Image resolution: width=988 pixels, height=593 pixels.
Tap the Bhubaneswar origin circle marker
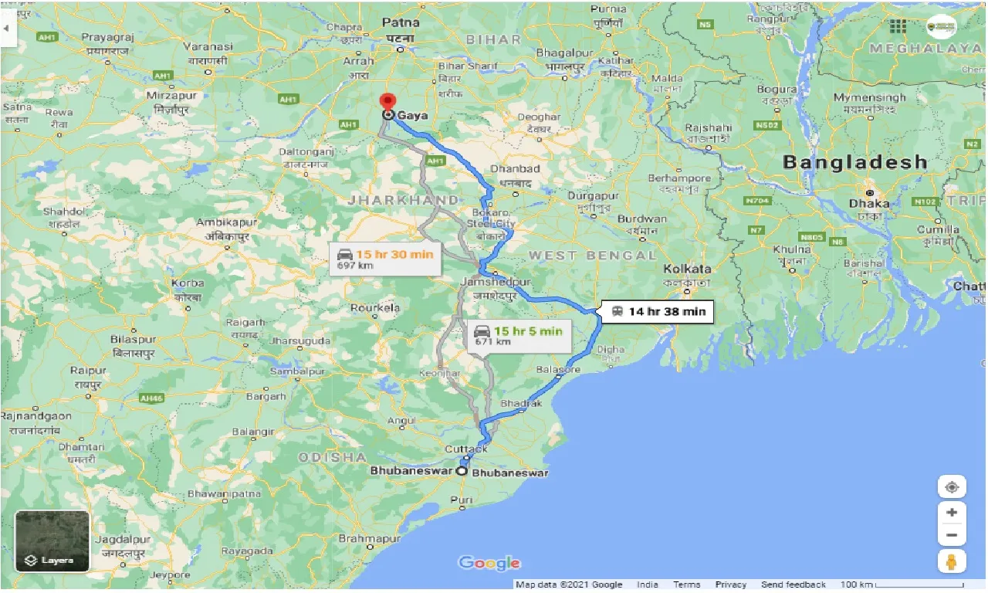[462, 471]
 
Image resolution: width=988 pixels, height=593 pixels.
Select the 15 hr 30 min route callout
[385, 259]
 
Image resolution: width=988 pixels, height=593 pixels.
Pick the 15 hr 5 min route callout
[517, 336]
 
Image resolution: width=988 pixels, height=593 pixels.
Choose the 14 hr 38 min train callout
[658, 311]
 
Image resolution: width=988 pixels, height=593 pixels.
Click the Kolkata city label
[688, 269]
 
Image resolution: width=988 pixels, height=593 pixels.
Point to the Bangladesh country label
[854, 162]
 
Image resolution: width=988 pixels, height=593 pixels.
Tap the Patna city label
[400, 23]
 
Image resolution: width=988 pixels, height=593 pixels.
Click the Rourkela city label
[375, 307]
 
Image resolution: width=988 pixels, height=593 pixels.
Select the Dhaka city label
[869, 204]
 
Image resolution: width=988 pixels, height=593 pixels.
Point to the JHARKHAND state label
[403, 200]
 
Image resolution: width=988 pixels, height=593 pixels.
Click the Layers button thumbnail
[52, 541]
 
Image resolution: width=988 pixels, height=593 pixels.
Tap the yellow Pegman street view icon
[952, 561]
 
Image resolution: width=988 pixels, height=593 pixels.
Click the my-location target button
[952, 487]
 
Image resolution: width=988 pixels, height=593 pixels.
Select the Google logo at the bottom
[489, 563]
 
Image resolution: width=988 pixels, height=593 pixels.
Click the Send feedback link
[793, 585]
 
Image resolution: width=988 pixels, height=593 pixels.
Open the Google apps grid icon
[898, 26]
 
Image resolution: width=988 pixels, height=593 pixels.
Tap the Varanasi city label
[208, 47]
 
